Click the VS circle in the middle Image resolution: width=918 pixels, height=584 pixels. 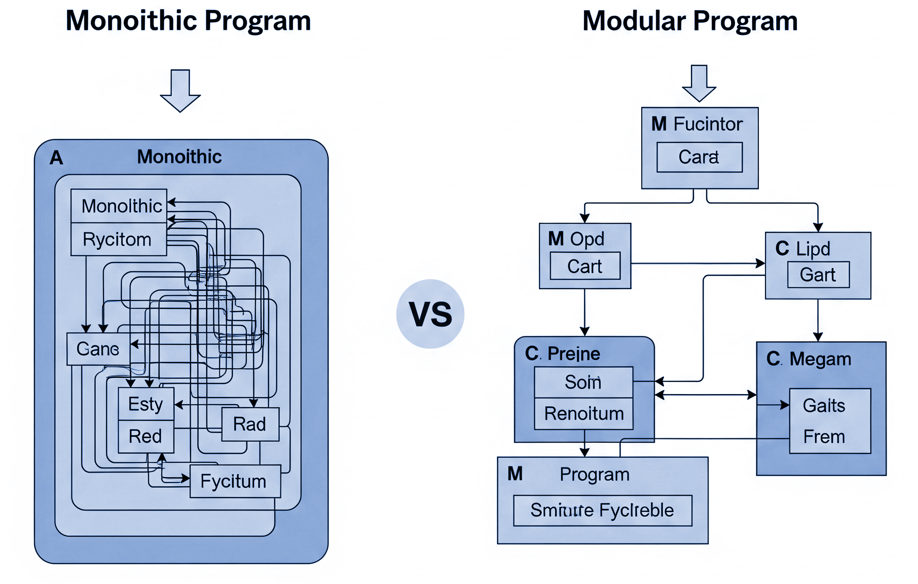[430, 314]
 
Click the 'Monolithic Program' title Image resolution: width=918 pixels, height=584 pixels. [189, 22]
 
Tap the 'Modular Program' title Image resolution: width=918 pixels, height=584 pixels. [690, 22]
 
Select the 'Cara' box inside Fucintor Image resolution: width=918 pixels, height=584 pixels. [699, 157]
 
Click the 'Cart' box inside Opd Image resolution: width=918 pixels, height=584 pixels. [585, 266]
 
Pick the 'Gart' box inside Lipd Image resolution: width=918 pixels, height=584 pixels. [818, 275]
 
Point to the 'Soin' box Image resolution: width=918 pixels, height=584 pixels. [583, 382]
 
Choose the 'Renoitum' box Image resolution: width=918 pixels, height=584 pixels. [583, 414]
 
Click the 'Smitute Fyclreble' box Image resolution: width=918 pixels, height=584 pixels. [602, 510]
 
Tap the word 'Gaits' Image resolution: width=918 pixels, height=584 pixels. [824, 405]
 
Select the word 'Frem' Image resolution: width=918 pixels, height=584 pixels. [824, 437]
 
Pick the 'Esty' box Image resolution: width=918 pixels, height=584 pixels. [146, 404]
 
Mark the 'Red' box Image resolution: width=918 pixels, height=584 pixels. [146, 436]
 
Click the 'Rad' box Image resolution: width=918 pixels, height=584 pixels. [250, 424]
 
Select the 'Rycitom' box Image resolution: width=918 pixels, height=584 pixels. [118, 239]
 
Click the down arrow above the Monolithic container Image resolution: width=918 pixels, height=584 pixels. [180, 89]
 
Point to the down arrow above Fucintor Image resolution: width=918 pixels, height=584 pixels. [699, 83]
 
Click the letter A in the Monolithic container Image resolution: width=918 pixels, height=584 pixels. [56, 158]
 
